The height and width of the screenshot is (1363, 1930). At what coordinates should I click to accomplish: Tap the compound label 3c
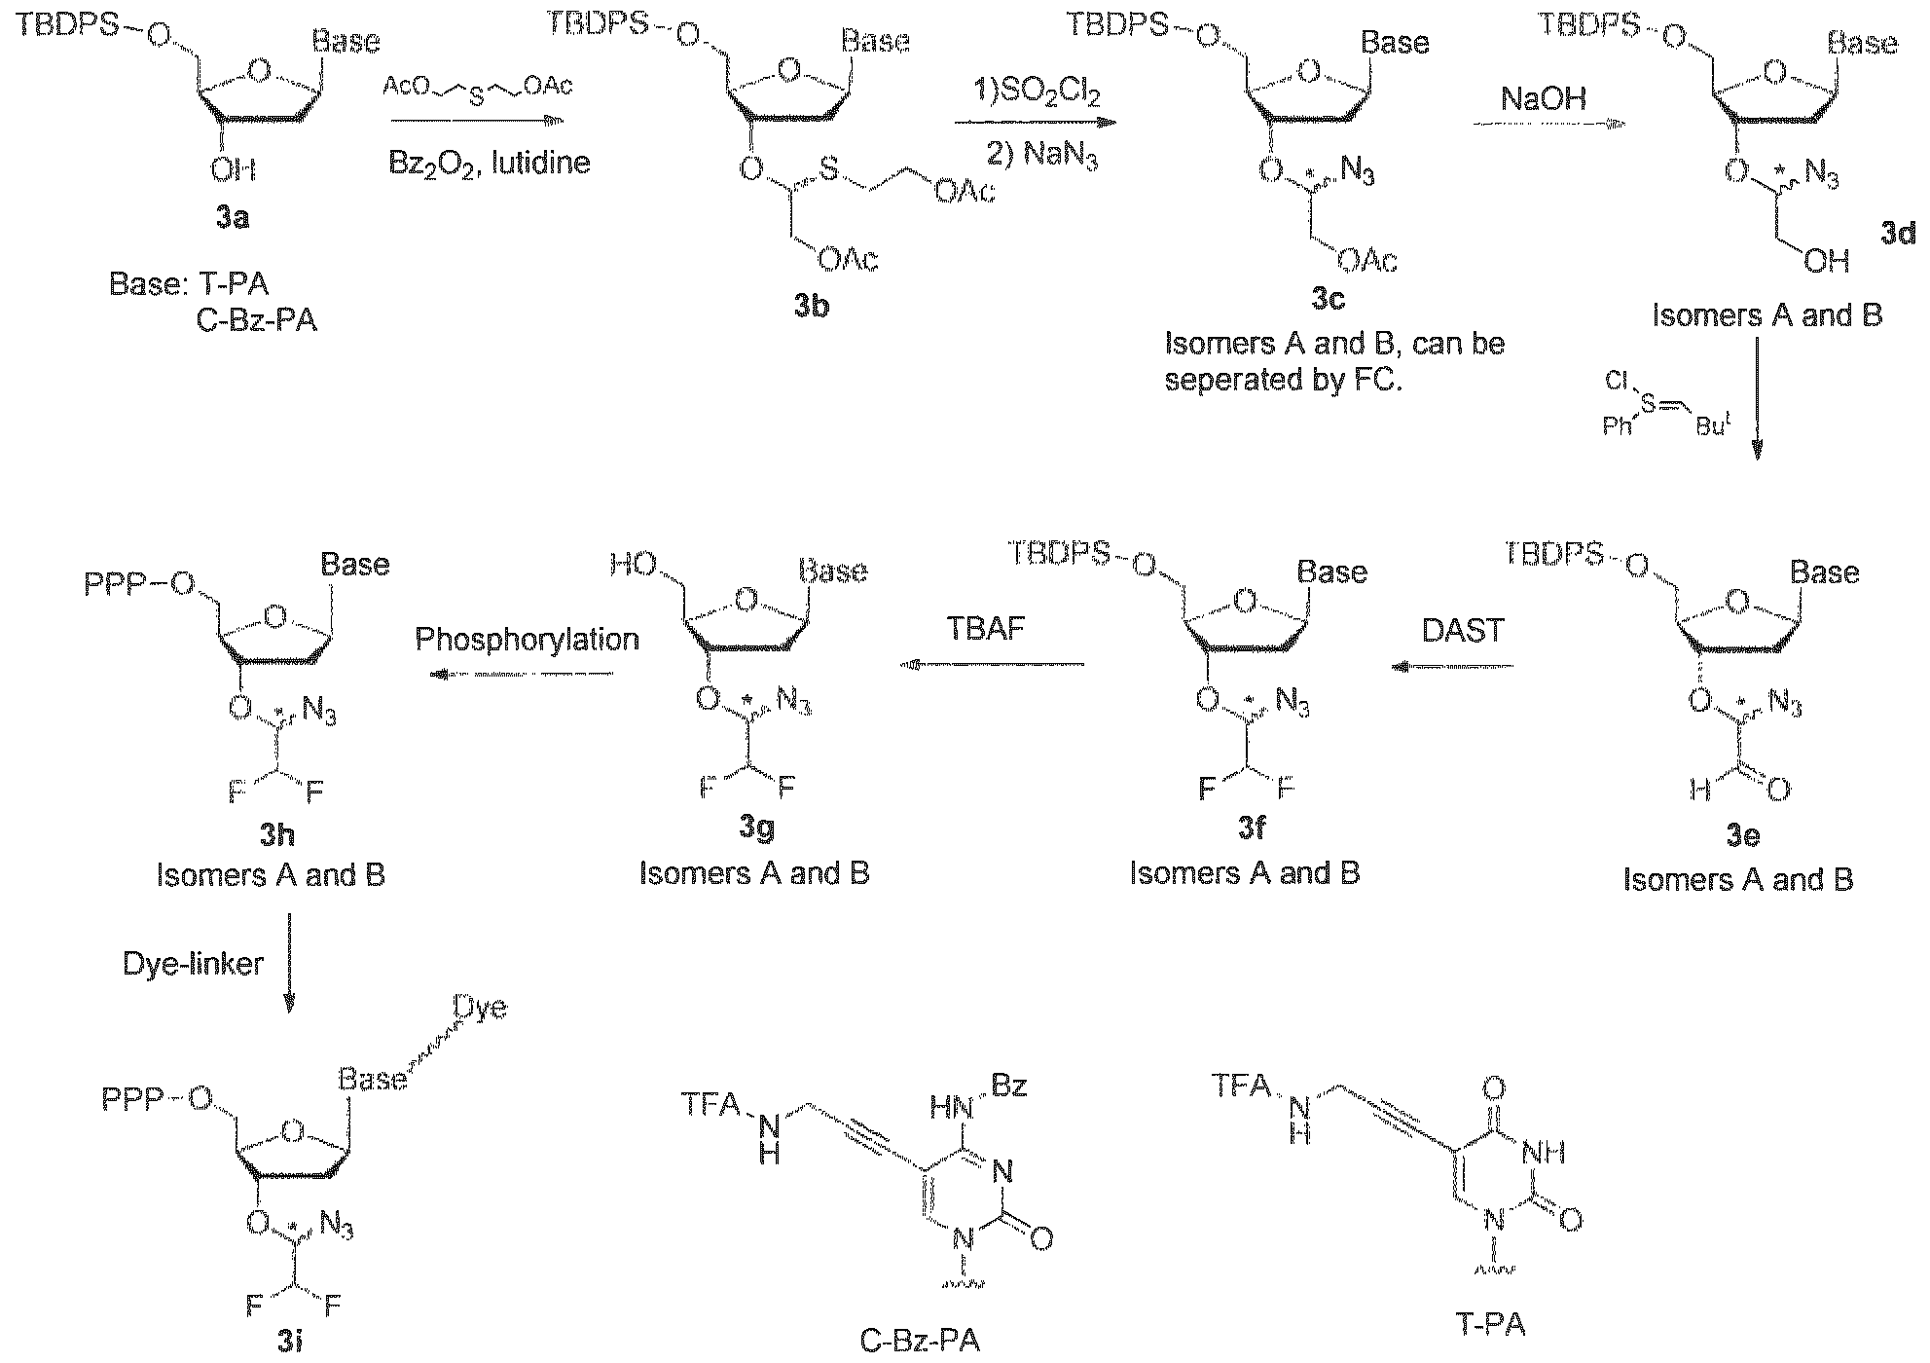(x=1328, y=299)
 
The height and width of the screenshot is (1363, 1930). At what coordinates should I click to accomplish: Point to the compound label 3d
(x=1898, y=234)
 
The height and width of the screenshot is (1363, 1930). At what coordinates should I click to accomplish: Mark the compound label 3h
(x=275, y=834)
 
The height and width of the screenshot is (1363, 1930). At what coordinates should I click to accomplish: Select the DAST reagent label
(x=1463, y=631)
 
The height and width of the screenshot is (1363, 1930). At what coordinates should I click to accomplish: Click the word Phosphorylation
(x=527, y=640)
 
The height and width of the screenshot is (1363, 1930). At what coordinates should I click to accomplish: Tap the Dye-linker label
(x=193, y=964)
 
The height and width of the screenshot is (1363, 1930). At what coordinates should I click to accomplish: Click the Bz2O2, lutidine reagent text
(x=490, y=161)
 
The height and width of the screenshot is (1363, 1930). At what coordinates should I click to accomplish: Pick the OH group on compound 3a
(x=234, y=170)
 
